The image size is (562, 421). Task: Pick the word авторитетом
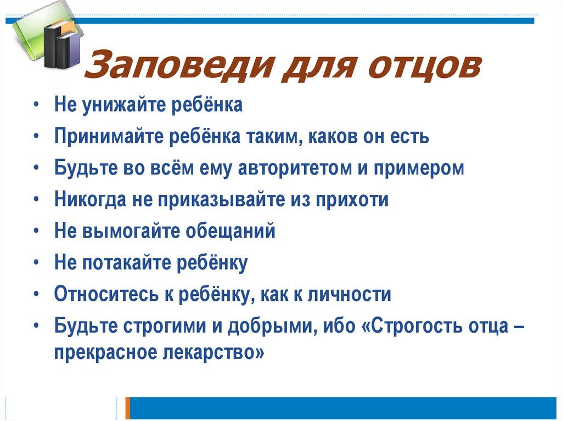tap(295, 168)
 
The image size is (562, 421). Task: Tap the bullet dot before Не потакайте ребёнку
tap(36, 263)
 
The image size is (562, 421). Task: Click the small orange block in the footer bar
tap(128, 408)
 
